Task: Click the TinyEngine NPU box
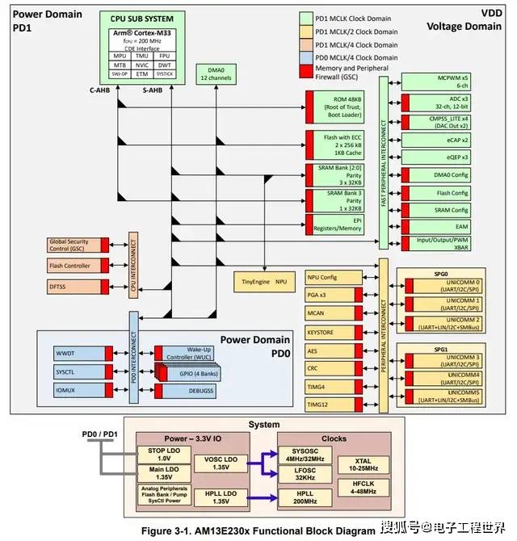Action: [265, 282]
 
